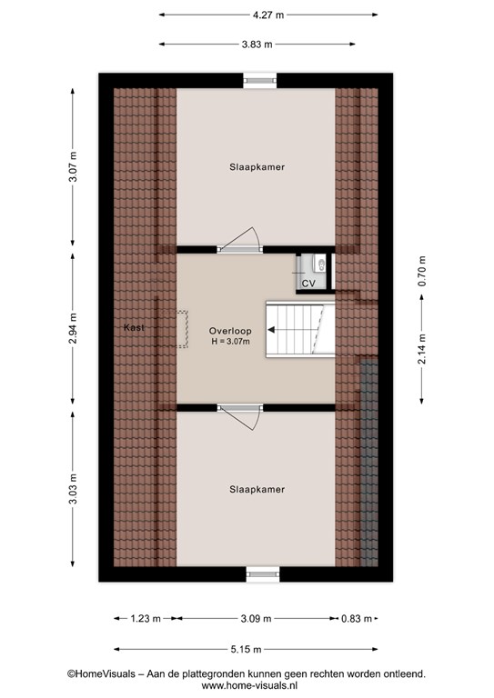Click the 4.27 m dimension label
(268, 15)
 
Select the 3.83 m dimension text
(257, 44)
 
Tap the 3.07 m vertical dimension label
(73, 166)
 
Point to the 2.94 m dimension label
(73, 328)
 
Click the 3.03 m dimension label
(73, 489)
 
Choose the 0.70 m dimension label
(422, 271)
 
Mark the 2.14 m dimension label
(422, 349)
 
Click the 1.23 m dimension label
(146, 618)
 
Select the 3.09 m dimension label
(257, 618)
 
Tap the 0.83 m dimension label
(357, 618)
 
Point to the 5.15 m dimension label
(246, 650)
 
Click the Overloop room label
(230, 331)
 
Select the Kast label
(134, 327)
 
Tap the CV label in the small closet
(308, 284)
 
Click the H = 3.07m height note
(230, 342)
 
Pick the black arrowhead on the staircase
(271, 330)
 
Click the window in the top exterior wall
(260, 81)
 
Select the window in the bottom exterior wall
(263, 573)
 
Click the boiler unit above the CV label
(319, 263)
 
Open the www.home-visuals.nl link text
(249, 686)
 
